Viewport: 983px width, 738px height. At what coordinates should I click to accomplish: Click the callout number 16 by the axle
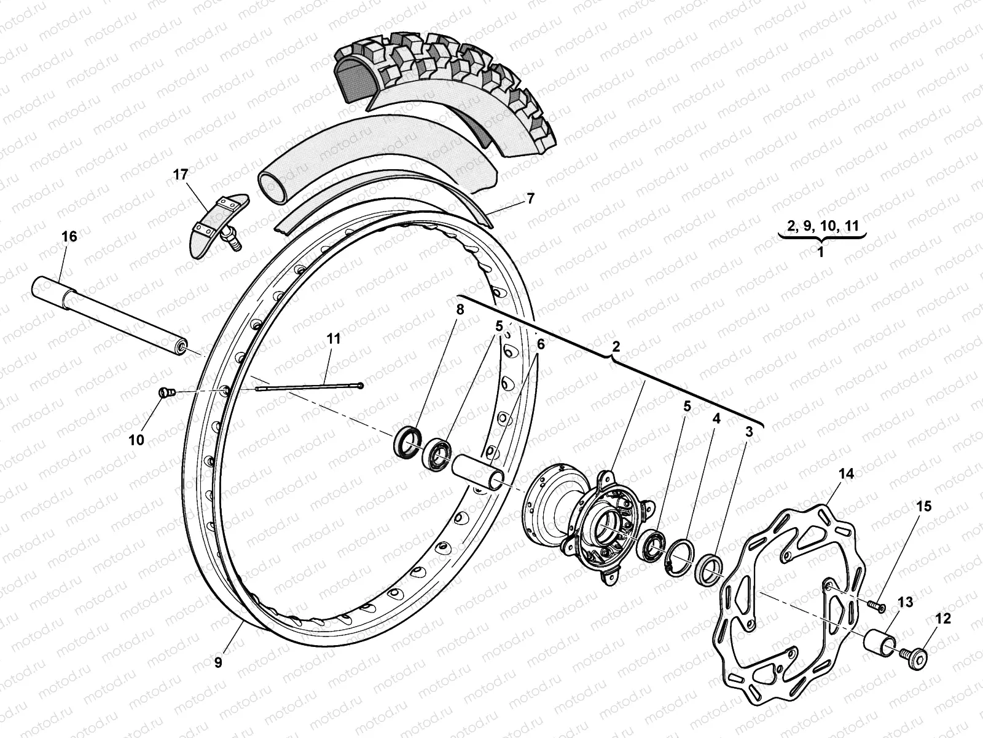(x=69, y=237)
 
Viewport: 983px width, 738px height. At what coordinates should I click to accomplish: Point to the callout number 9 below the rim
(x=219, y=662)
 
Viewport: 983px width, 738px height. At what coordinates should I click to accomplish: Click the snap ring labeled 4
(x=678, y=555)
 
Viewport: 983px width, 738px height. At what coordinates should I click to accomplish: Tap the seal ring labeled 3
(x=710, y=569)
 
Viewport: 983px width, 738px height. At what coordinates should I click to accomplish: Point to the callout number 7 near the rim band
(x=530, y=199)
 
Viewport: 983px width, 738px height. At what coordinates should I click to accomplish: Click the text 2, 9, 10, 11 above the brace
(x=821, y=226)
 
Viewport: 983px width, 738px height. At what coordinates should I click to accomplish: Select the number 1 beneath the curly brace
(x=821, y=252)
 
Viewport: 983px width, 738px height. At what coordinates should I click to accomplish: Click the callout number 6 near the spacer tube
(x=540, y=345)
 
